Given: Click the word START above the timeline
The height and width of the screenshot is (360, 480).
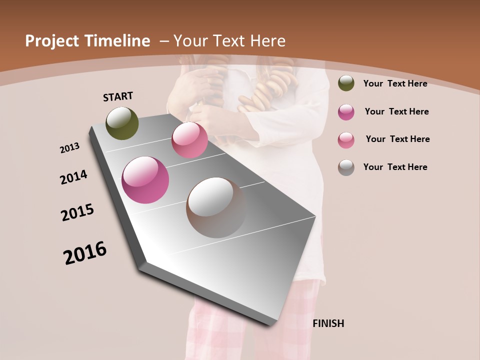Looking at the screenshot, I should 118,96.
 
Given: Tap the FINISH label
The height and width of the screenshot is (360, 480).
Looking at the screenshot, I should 328,323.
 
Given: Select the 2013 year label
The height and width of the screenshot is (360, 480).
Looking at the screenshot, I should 70,148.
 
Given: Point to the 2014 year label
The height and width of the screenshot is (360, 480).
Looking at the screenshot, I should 74,177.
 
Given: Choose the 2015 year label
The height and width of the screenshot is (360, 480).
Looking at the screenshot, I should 77,212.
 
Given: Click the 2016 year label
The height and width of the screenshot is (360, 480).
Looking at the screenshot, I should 85,253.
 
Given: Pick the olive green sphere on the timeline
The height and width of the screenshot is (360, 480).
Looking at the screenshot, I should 122,123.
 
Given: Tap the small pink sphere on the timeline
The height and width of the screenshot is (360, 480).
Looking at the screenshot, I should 189,140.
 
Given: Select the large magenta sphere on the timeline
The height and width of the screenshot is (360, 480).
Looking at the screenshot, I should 145,180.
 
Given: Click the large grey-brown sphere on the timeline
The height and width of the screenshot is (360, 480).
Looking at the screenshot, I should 216,207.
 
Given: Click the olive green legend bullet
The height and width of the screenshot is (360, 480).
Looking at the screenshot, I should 346,83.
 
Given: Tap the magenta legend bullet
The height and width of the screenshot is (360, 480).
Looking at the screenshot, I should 346,112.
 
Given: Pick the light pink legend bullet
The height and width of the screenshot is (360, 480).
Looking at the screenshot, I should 346,140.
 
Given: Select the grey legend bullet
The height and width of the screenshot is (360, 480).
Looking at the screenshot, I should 346,167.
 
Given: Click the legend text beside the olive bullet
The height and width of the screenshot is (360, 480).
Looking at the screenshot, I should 395,83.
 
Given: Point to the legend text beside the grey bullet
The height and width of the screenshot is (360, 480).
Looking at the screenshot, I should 395,167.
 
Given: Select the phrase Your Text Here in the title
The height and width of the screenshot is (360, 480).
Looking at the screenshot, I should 229,41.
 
